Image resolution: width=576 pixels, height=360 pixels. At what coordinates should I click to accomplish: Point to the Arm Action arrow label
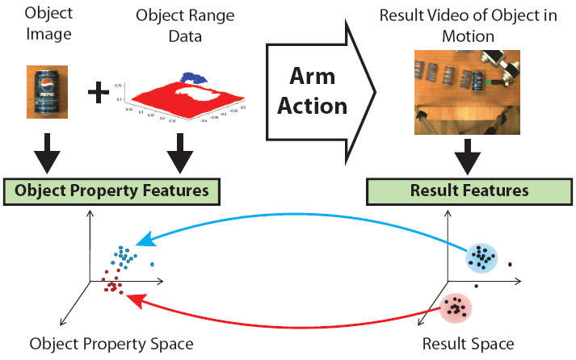pyautogui.click(x=318, y=92)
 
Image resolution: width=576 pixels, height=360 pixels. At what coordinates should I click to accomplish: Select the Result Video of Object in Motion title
pyautogui.click(x=465, y=25)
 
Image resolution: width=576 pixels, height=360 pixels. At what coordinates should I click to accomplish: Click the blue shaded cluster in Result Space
pyautogui.click(x=483, y=257)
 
